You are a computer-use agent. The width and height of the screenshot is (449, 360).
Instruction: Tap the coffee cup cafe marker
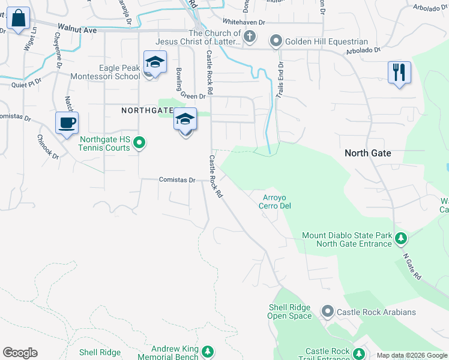coord(67,124)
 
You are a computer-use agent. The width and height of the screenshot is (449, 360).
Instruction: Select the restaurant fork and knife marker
coord(399,73)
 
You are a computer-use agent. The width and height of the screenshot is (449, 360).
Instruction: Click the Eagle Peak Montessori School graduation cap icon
coord(155,63)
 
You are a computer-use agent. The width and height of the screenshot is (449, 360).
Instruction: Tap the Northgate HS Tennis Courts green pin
coord(139,143)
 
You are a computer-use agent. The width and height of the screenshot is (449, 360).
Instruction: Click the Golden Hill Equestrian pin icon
coord(276,41)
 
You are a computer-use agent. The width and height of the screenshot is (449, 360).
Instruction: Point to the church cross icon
coord(250,38)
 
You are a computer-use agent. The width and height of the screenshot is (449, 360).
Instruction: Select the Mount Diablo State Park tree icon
coord(402,239)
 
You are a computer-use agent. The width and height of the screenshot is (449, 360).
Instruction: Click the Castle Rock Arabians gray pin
coord(327,311)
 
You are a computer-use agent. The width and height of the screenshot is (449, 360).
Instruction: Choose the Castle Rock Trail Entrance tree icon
coord(359,354)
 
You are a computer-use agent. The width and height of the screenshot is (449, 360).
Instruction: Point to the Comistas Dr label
coord(177,179)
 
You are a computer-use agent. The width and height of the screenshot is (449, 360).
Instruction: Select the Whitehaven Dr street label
coord(244,21)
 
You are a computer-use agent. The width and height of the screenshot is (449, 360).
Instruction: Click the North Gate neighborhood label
coord(367,154)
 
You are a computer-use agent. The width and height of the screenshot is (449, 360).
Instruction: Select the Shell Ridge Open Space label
coord(289,311)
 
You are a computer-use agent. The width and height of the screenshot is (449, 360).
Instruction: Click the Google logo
coord(20,353)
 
